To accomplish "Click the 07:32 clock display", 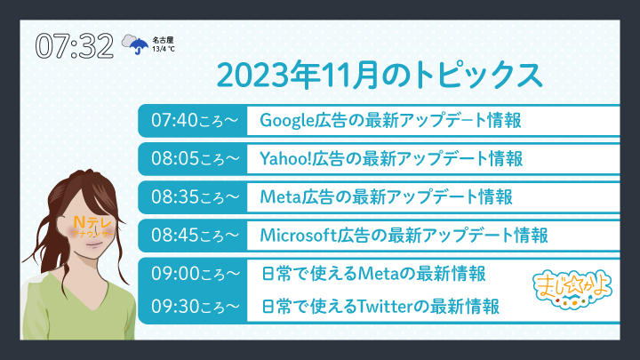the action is [x=75, y=45].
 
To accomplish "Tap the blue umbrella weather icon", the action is [x=139, y=45].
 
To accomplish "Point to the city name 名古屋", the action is [x=163, y=40].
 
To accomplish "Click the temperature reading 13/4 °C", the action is [x=164, y=49].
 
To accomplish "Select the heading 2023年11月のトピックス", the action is [x=380, y=75].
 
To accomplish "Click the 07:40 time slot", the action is [x=195, y=120].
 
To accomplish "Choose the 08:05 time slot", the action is [x=195, y=158].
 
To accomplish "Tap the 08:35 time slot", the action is [x=195, y=196].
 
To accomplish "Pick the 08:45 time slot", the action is [x=195, y=235].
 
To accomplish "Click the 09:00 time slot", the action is [x=195, y=274].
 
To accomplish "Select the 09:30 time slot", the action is [x=195, y=306].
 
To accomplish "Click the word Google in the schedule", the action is [x=287, y=121].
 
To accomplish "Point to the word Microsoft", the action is [x=298, y=235].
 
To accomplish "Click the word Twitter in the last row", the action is [x=385, y=306].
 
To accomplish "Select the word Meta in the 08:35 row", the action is [x=281, y=196].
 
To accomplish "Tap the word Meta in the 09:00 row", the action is [x=378, y=274].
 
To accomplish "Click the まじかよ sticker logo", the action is [x=572, y=289].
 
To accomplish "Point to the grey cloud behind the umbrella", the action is [x=130, y=41].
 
